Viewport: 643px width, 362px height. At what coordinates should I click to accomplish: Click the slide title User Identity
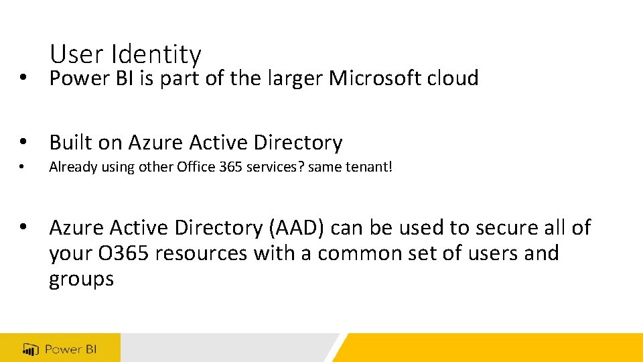pyautogui.click(x=125, y=54)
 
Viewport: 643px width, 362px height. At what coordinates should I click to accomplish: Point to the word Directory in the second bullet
pyautogui.click(x=300, y=143)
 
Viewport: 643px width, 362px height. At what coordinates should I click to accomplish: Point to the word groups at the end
pyautogui.click(x=82, y=279)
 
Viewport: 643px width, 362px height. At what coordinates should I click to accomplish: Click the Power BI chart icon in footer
pyautogui.click(x=31, y=349)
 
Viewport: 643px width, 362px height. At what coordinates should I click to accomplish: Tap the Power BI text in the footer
pyautogui.click(x=71, y=349)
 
